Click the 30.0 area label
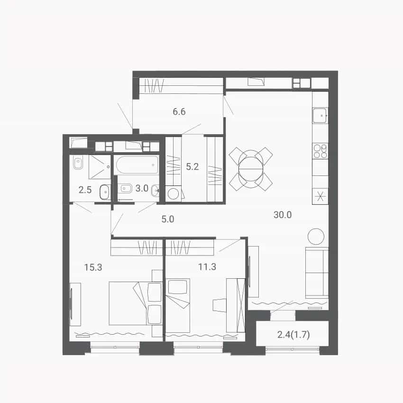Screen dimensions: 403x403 click(283, 215)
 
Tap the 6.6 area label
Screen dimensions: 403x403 click(179, 111)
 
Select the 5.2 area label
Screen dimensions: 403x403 click(192, 167)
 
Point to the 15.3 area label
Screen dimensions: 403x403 click(93, 267)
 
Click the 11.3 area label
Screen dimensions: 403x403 click(207, 267)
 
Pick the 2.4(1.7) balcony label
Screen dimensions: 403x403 click(293, 335)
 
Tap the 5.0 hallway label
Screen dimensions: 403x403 click(168, 219)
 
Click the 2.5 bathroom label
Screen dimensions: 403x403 click(85, 190)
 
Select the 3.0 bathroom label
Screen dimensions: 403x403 click(142, 188)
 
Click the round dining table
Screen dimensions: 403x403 click(251, 169)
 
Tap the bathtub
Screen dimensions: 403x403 click(137, 165)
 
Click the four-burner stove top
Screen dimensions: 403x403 click(320, 151)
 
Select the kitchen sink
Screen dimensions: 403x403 click(320, 115)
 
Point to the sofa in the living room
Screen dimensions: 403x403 click(317, 273)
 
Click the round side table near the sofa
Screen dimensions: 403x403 click(316, 237)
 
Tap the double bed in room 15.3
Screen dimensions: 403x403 click(136, 303)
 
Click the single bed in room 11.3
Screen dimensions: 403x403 click(178, 305)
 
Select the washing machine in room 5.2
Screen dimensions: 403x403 click(174, 193)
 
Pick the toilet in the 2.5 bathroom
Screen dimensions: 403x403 click(78, 163)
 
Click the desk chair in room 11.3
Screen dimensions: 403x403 click(219, 305)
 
